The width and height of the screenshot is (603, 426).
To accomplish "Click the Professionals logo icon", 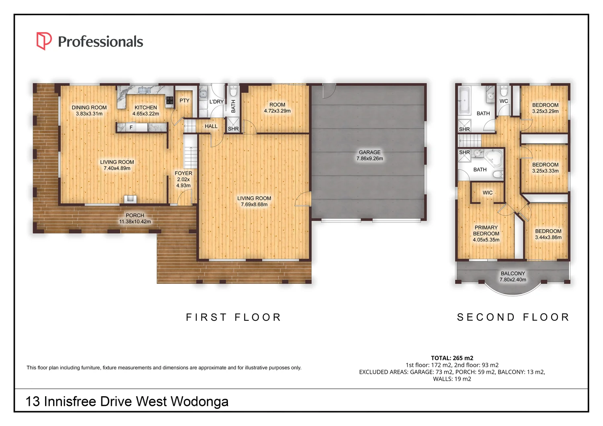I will [44, 41].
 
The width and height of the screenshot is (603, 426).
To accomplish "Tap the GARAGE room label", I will [369, 152].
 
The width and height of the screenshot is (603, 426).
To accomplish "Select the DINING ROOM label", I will [89, 108].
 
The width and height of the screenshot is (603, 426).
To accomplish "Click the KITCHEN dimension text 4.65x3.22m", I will [146, 114].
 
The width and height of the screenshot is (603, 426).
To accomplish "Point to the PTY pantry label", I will [184, 100].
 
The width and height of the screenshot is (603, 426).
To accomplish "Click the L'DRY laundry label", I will [216, 102].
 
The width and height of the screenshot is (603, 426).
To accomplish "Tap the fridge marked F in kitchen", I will [131, 127].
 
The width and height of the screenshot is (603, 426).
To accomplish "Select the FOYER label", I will [183, 173].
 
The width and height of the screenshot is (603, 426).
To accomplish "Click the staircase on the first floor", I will [191, 153].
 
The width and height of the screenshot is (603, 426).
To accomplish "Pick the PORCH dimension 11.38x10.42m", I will [135, 222].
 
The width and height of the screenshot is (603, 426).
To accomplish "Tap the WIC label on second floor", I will [488, 193].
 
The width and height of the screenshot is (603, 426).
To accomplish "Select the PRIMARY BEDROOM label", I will [486, 230].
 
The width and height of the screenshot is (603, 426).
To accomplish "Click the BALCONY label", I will [513, 273].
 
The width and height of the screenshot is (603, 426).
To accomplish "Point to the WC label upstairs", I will [504, 101].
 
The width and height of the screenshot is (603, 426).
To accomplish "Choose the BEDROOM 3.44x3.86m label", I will [548, 234].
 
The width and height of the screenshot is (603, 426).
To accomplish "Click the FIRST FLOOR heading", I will [234, 317].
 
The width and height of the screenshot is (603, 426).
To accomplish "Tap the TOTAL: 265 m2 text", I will [452, 358].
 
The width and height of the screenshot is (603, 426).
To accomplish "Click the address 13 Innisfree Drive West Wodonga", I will [127, 402].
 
